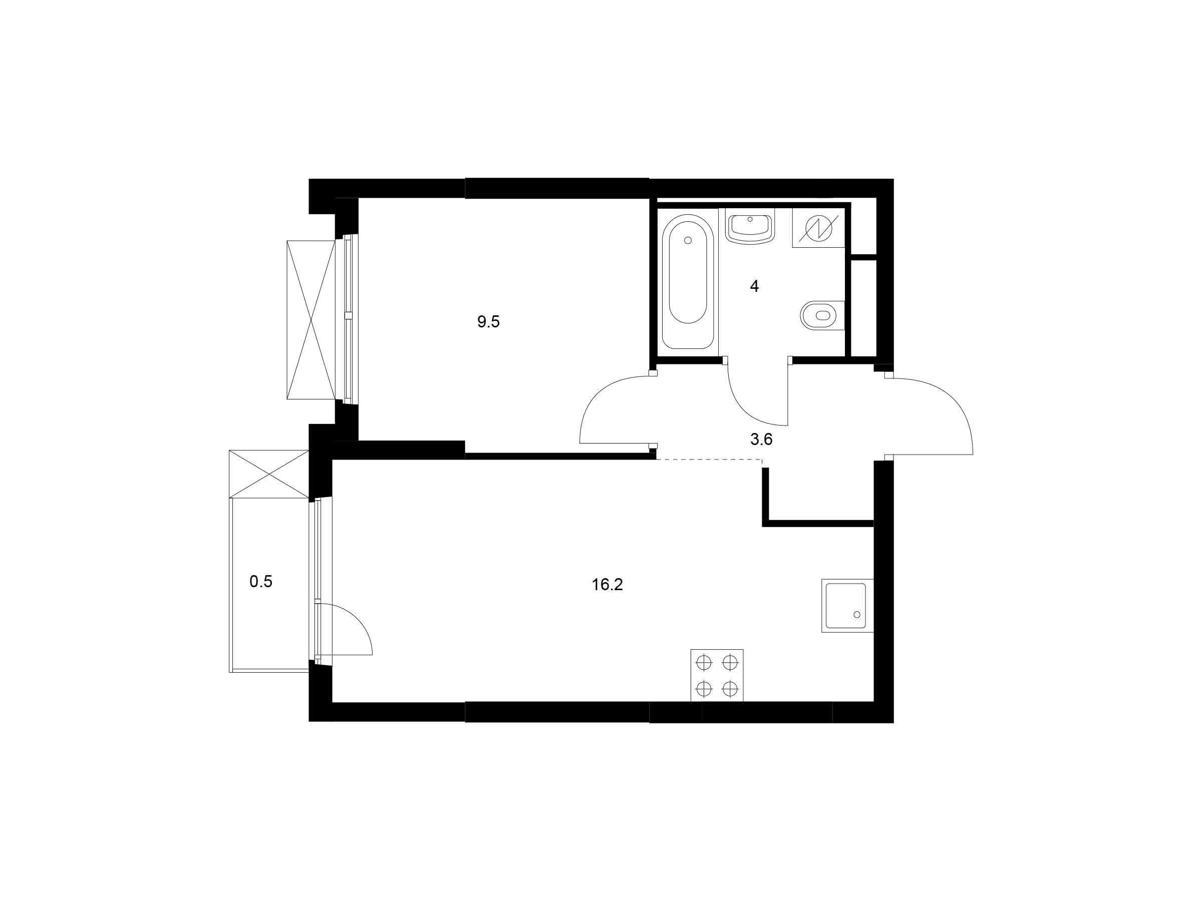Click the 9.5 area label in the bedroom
(x=488, y=322)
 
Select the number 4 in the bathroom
(x=754, y=286)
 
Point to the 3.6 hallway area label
(x=761, y=439)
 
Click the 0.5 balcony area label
(x=261, y=582)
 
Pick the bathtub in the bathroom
(x=688, y=281)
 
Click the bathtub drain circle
(x=688, y=241)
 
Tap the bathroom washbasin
(x=750, y=227)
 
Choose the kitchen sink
(x=847, y=606)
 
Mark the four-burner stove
(x=717, y=676)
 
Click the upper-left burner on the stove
(x=704, y=663)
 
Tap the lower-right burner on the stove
(x=730, y=689)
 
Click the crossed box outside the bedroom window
(x=312, y=320)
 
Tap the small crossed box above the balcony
(x=269, y=474)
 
